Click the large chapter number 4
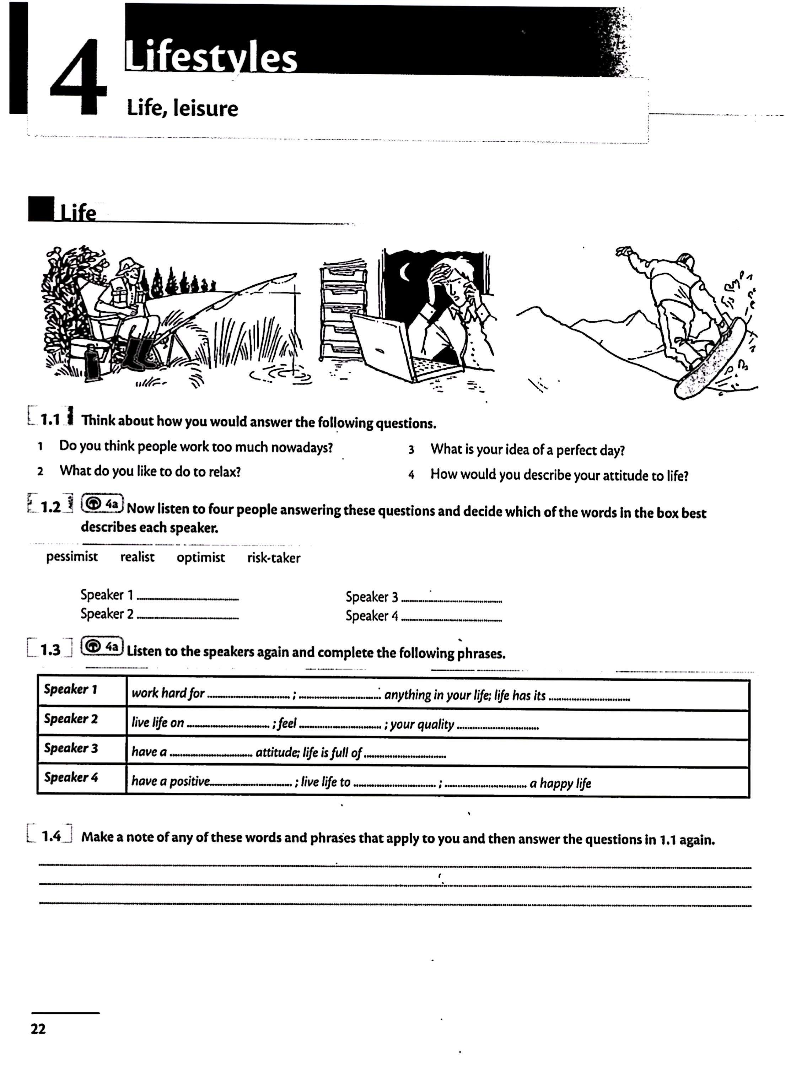click(78, 77)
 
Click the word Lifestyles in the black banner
click(211, 57)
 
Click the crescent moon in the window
click(405, 272)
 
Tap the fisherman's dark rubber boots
click(140, 353)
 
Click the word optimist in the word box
click(200, 558)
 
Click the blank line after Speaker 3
click(452, 601)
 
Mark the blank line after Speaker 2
click(188, 617)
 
